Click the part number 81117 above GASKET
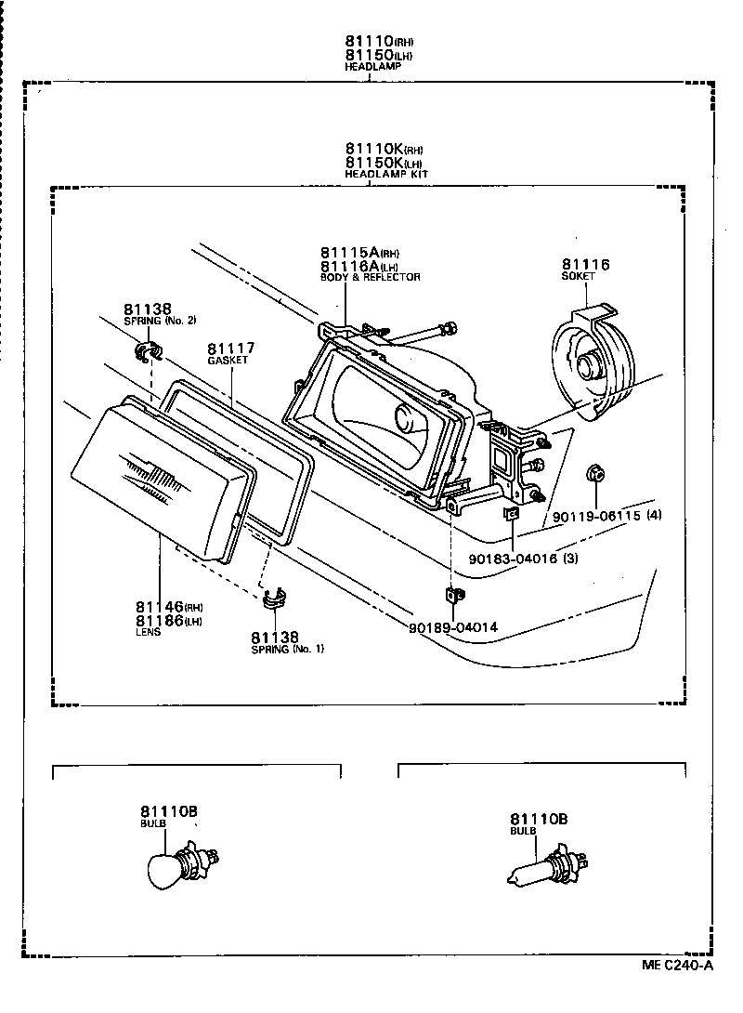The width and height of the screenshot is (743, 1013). [231, 349]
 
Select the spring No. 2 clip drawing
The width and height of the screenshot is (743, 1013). [147, 351]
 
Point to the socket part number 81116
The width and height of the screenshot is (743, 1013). [585, 265]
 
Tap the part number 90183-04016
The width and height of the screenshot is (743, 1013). [511, 559]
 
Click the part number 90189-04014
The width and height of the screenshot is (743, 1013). [452, 627]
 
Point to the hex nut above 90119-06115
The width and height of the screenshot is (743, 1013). [595, 476]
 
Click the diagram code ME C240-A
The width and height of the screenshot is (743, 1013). [677, 991]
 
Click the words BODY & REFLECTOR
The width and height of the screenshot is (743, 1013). [370, 277]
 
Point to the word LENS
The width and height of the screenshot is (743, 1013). [149, 632]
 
